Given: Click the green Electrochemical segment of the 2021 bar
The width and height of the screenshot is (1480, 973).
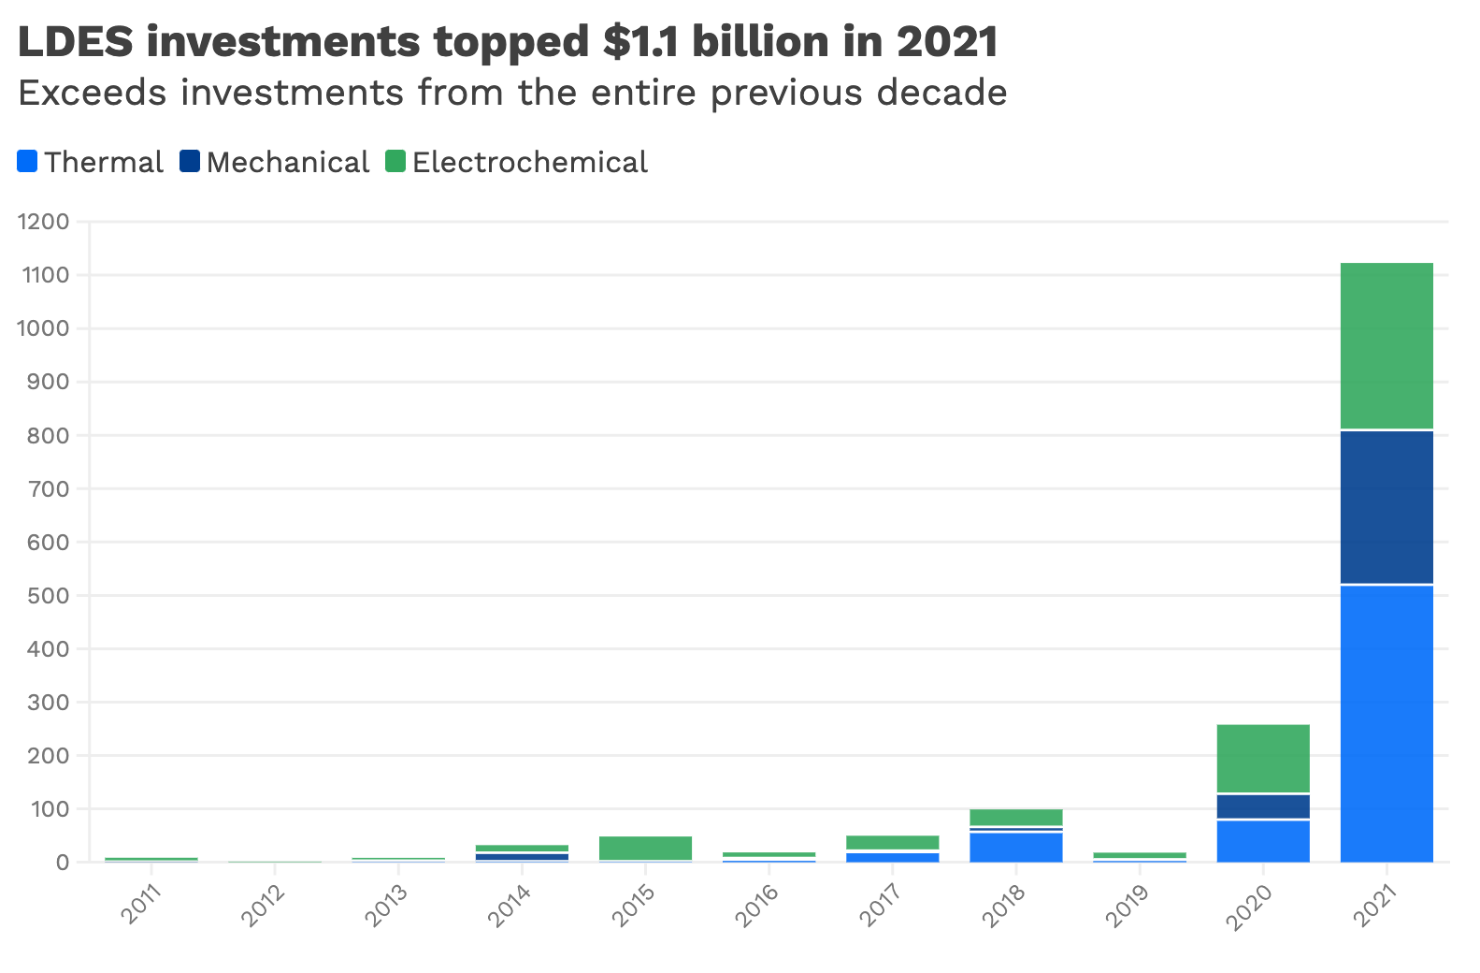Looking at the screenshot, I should coord(1387,346).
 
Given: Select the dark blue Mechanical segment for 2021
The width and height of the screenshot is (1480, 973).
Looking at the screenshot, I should coord(1387,507).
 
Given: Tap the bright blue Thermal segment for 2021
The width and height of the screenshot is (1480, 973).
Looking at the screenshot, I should coord(1387,722).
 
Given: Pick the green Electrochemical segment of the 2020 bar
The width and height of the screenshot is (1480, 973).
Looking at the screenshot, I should coord(1263,759).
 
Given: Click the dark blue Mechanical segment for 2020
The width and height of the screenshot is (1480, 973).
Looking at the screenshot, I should coord(1263,806).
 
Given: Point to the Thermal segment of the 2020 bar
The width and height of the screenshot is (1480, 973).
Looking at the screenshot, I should coord(1263,840).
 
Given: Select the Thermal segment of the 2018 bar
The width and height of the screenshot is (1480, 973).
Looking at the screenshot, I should coord(1016,846).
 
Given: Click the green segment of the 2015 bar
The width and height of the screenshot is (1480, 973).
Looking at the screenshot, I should coord(645,848).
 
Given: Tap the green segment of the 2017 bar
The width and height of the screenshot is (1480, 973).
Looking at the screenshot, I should coord(893,842).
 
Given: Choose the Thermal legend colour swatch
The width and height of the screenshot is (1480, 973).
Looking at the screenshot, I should coord(27,162).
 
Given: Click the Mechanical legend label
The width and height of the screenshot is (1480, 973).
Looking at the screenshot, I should coord(288,163).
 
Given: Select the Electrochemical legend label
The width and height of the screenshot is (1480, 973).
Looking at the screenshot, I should coord(529,163).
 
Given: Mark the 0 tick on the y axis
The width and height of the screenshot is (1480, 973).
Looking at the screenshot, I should coord(63,862).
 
